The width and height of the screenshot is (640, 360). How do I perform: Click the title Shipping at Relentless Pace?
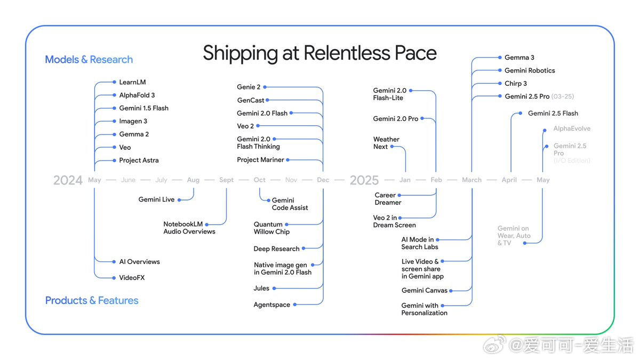[x=319, y=53]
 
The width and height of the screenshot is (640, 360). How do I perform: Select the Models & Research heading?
[x=89, y=60]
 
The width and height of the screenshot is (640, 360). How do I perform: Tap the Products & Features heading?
[x=92, y=301]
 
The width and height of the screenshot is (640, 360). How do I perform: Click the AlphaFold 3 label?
[x=137, y=95]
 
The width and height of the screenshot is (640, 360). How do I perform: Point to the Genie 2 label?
[x=249, y=87]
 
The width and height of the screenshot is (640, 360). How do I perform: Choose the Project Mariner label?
[x=261, y=159]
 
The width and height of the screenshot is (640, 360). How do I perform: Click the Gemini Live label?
[x=156, y=199]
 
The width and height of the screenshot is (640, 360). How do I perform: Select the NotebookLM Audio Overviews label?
[x=189, y=228]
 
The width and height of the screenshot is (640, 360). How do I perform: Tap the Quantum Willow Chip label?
[x=271, y=228]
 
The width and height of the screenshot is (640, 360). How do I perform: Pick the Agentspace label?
[x=271, y=305]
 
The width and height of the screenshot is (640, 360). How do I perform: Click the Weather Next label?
[x=386, y=143]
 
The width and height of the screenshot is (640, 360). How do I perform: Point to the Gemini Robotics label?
[x=530, y=70]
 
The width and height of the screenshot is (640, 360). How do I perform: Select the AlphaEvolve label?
[x=572, y=129]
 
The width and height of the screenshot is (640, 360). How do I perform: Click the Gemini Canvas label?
[x=425, y=291]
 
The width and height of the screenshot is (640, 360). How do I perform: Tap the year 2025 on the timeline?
[x=364, y=180]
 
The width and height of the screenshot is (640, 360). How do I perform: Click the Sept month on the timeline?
[x=226, y=180]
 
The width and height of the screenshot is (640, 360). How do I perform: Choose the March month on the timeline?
[x=471, y=180]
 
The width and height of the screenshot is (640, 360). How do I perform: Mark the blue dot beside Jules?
[x=275, y=289]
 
